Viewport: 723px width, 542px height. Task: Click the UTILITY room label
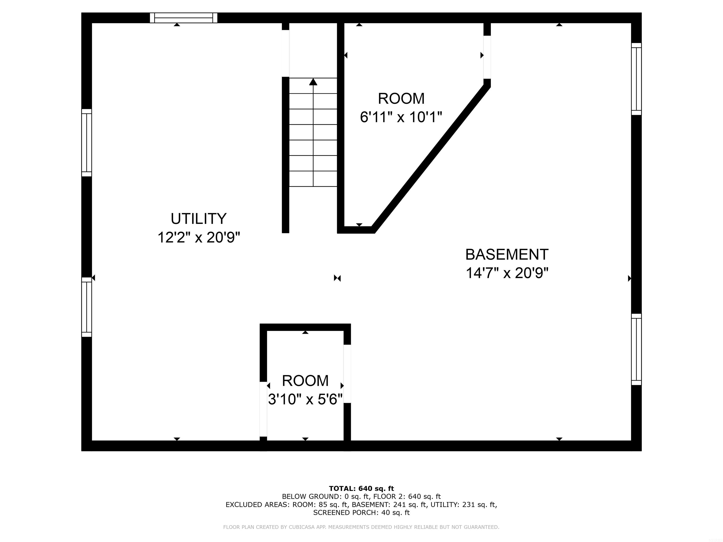tap(198, 219)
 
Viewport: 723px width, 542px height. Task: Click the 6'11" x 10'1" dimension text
tap(401, 117)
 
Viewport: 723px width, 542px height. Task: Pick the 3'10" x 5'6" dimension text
tap(305, 399)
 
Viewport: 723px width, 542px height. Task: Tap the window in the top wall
tap(183, 18)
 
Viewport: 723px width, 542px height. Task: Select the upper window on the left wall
tap(87, 143)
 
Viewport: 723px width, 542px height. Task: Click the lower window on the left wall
tap(87, 307)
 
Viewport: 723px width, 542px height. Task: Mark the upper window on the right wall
tap(636, 79)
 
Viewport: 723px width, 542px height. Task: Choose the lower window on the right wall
tap(636, 349)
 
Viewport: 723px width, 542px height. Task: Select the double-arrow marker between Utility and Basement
tap(337, 278)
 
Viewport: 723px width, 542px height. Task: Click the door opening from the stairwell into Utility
tap(285, 53)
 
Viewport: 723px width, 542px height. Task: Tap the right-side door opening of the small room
tap(347, 374)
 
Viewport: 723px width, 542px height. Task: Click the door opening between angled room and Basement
tap(487, 57)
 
